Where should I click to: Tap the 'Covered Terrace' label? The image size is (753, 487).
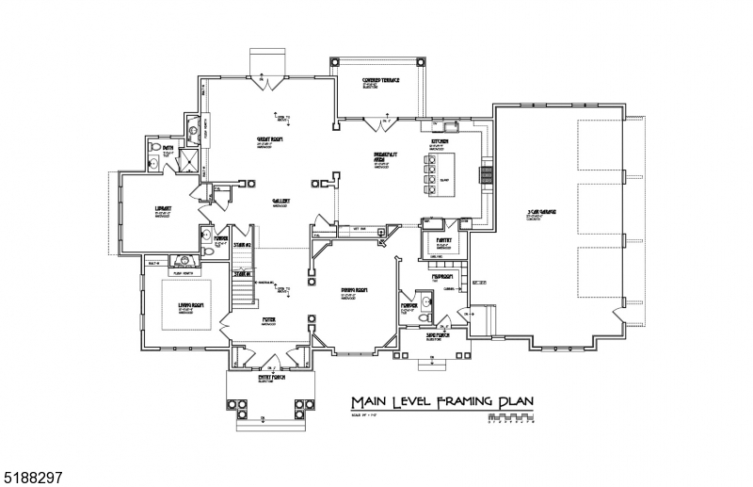tap(381, 81)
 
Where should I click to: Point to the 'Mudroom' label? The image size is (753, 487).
tap(443, 277)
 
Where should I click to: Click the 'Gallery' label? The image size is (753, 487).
tap(280, 201)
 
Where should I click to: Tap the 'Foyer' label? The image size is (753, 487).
tap(268, 320)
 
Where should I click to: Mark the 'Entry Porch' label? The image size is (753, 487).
tap(271, 378)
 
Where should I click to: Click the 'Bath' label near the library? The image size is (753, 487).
tap(168, 149)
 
